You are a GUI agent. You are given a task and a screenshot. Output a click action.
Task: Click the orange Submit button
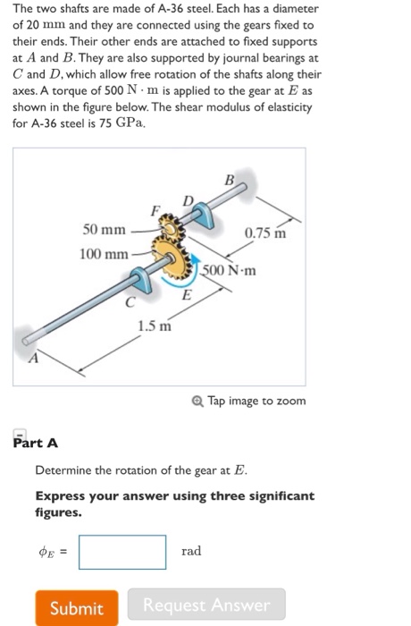[77, 607]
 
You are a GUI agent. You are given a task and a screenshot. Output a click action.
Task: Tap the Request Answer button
[206, 605]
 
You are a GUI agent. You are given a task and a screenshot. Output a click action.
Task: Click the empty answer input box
[122, 552]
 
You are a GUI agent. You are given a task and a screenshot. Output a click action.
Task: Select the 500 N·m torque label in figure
[228, 270]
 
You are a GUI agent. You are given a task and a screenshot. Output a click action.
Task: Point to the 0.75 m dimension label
[265, 232]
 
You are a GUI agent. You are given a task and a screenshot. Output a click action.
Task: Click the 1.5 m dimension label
[155, 326]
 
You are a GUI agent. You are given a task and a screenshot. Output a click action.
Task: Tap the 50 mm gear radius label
[105, 230]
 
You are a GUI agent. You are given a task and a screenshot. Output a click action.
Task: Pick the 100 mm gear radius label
[104, 254]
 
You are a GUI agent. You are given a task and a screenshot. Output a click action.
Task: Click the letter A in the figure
[34, 358]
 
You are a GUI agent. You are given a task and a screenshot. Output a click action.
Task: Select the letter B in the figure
[229, 180]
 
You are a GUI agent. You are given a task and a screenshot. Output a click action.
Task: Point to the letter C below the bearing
[130, 302]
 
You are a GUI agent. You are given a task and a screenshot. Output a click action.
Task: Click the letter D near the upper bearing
[188, 201]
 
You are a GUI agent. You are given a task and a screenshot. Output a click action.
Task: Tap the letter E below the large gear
[187, 295]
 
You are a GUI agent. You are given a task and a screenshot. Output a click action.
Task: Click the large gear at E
[171, 258]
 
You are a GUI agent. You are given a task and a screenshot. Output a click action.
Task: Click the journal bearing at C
[141, 280]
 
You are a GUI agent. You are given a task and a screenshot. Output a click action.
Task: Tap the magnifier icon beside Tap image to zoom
[197, 401]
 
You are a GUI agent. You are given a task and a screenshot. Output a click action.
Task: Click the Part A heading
[36, 443]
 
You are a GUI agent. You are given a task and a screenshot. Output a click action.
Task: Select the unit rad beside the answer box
[191, 551]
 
